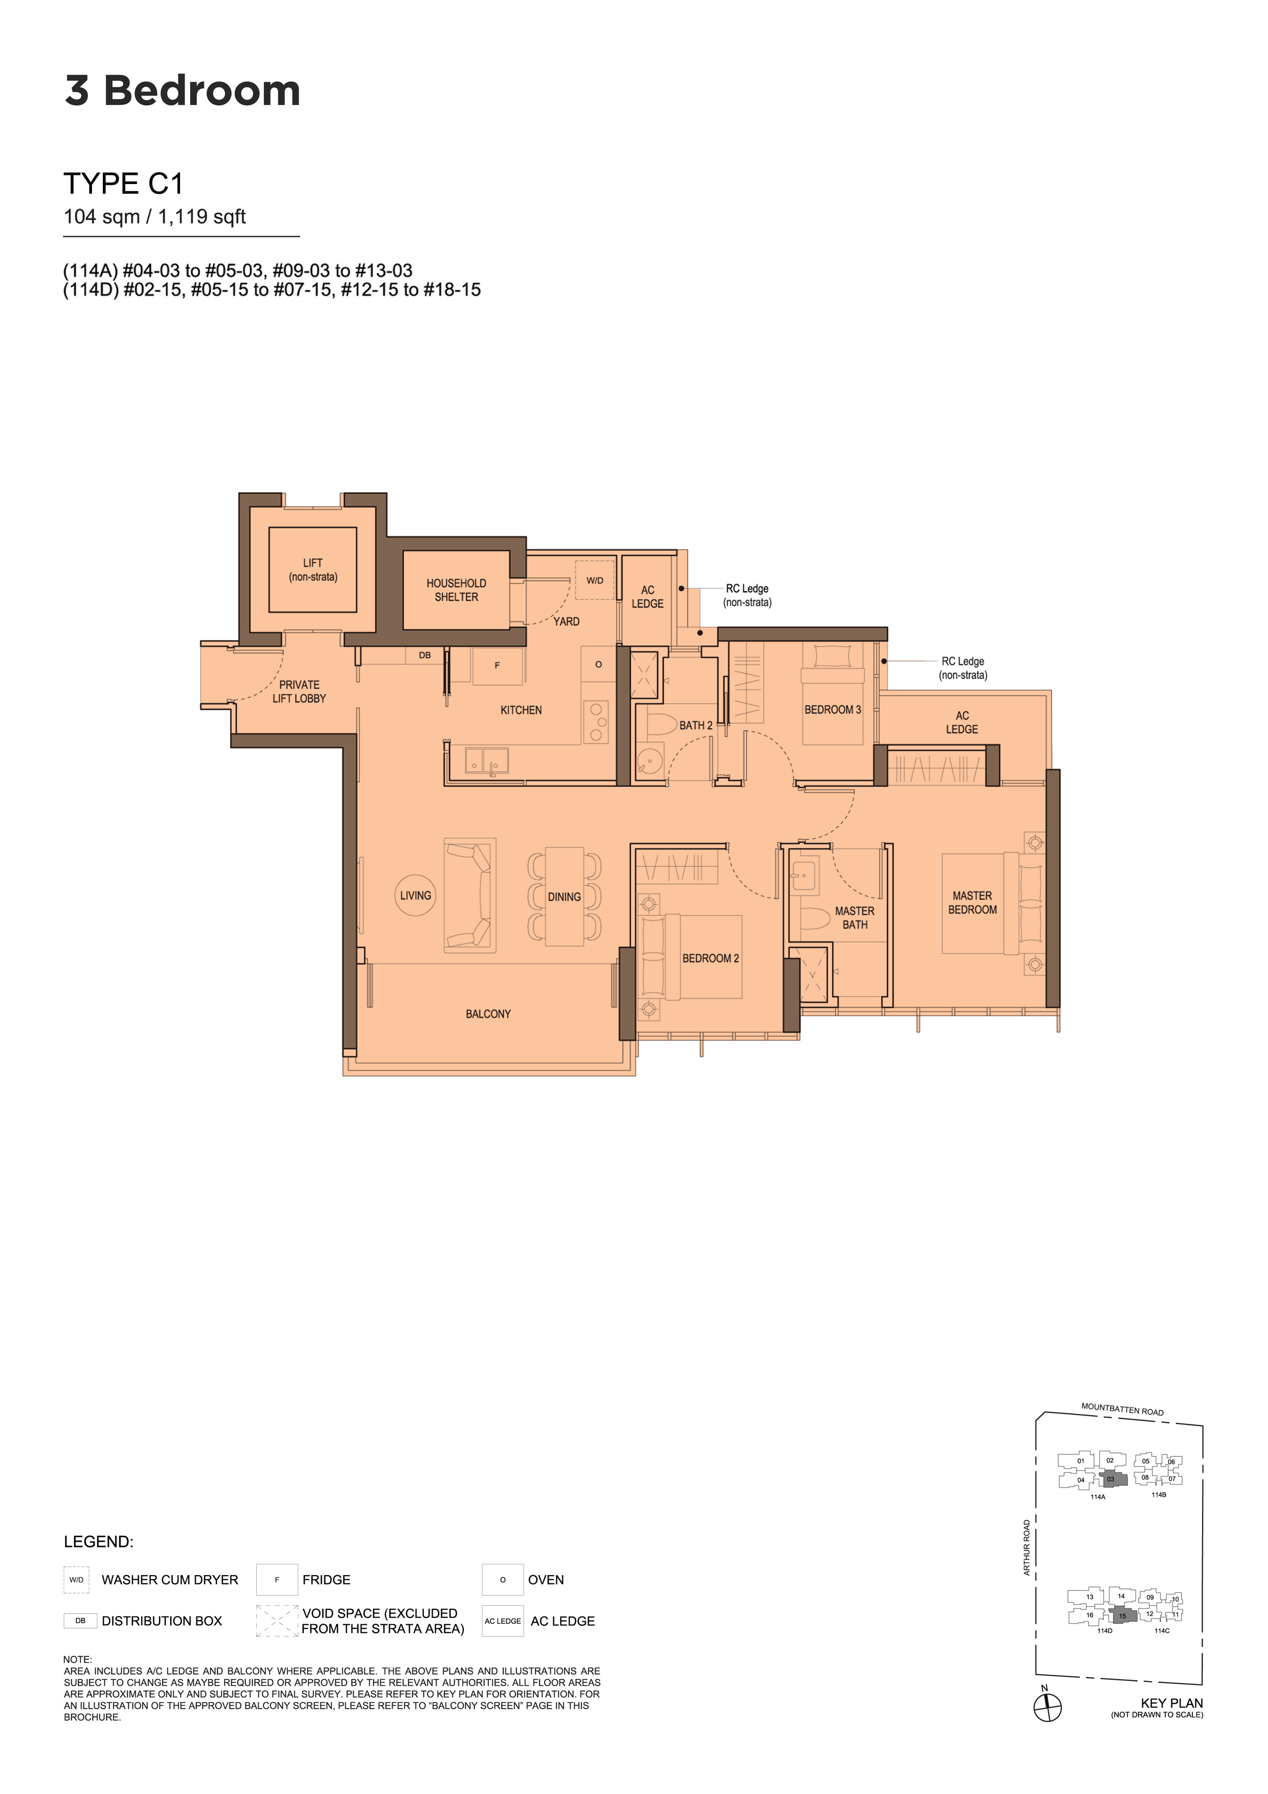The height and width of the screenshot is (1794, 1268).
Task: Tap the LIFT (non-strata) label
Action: pyautogui.click(x=312, y=570)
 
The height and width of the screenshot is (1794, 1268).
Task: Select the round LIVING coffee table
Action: pyautogui.click(x=416, y=895)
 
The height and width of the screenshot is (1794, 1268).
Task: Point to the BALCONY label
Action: pyautogui.click(x=488, y=1014)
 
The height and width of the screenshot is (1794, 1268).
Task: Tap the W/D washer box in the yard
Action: pyautogui.click(x=595, y=580)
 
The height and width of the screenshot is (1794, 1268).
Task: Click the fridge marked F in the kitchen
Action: pyautogui.click(x=497, y=666)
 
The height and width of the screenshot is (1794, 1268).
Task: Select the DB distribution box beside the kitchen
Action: pyautogui.click(x=425, y=655)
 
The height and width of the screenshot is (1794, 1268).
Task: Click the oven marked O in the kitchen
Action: pyautogui.click(x=598, y=664)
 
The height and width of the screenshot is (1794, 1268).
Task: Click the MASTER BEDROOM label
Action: pyautogui.click(x=972, y=903)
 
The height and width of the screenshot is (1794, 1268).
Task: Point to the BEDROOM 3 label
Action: pyautogui.click(x=833, y=709)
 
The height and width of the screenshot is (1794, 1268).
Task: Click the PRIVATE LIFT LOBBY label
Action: pyautogui.click(x=299, y=691)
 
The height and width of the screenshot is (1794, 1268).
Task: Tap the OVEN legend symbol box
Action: pyautogui.click(x=503, y=1579)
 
